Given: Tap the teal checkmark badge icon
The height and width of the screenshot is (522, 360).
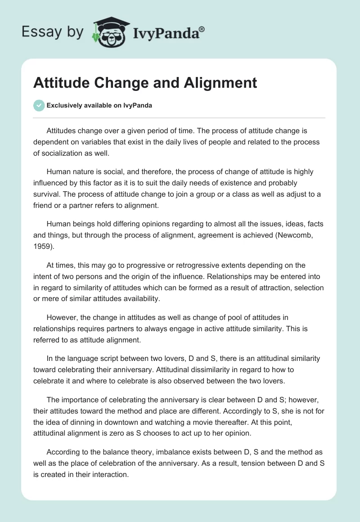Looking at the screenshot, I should click(x=39, y=105).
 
